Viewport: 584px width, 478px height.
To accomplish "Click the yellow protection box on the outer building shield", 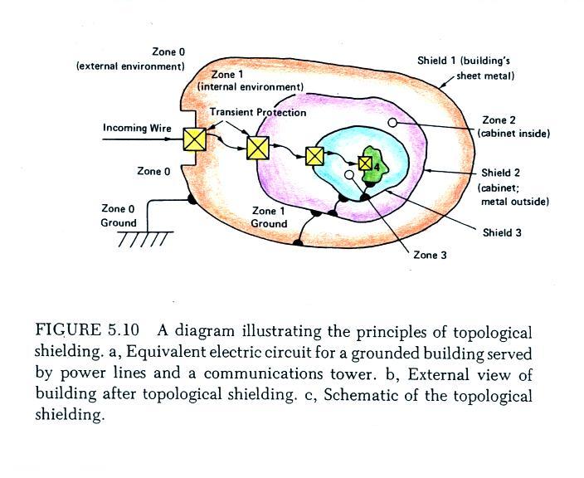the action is [x=194, y=139].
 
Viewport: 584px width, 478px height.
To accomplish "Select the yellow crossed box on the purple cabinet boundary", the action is [x=258, y=148].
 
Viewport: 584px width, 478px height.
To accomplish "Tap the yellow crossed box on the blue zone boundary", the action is [x=314, y=156].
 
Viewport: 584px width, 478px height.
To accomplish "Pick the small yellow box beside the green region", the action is [x=365, y=163].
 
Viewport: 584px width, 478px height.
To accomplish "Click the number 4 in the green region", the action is [x=377, y=168].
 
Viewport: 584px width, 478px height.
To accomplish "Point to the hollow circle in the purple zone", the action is [x=392, y=122].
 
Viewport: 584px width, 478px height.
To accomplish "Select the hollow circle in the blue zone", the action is [x=349, y=174].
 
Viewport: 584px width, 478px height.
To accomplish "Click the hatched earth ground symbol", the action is [x=146, y=239].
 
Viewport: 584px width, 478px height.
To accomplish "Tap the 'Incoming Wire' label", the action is [x=137, y=128].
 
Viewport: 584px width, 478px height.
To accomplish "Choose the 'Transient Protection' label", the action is [x=258, y=112].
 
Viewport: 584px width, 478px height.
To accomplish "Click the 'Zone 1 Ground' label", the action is [x=269, y=217].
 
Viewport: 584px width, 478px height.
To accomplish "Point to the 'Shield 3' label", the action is [x=502, y=233].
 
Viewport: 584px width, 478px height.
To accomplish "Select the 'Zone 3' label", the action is [x=430, y=256].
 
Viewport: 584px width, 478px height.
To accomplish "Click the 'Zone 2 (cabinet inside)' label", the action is [x=513, y=127].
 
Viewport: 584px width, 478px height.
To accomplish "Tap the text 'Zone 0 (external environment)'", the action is [x=130, y=59].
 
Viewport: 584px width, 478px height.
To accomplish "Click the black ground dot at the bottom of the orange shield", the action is [x=298, y=243].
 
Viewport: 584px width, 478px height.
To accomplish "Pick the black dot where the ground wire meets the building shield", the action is [x=192, y=199].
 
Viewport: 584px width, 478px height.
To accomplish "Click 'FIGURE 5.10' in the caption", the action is [x=87, y=330].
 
